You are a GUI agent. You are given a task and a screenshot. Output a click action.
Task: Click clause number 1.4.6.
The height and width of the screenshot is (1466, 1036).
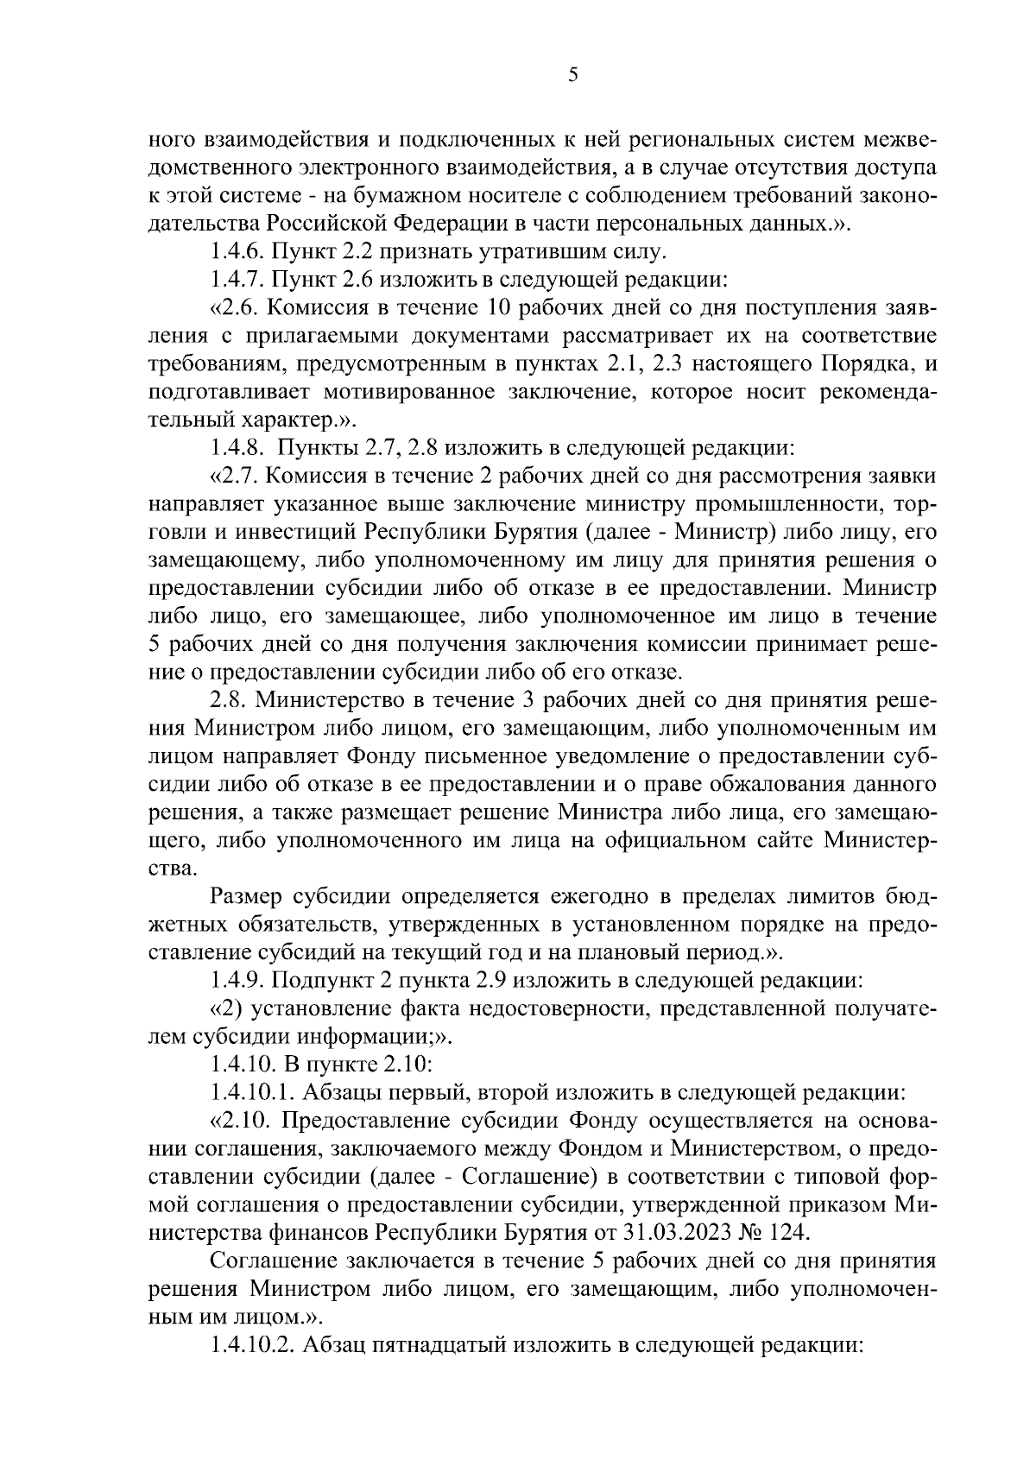coord(238,252)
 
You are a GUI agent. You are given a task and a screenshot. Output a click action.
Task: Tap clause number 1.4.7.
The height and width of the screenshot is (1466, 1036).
coord(238,280)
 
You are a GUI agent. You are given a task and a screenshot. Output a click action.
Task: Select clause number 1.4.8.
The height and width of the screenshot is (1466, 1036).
coord(238,448)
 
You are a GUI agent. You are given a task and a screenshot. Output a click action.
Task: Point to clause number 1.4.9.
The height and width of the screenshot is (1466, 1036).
coord(238,981)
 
